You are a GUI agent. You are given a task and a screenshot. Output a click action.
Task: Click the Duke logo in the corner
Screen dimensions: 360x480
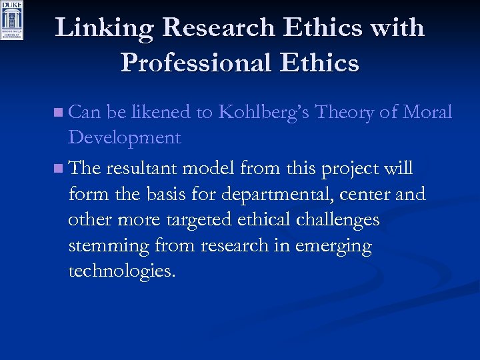[x=13, y=20]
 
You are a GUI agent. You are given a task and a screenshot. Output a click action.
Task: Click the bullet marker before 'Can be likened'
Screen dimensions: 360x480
[x=60, y=113]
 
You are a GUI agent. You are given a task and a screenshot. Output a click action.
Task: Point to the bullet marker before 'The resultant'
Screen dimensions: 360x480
[x=60, y=169]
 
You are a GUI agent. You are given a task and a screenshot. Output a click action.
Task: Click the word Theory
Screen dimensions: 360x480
[x=344, y=112]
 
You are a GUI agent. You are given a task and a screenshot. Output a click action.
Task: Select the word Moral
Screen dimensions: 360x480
[x=427, y=112]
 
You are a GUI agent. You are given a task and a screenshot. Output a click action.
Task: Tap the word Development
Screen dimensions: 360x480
[x=124, y=138]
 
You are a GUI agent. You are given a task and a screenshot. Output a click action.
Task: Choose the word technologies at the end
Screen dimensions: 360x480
[x=122, y=271]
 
